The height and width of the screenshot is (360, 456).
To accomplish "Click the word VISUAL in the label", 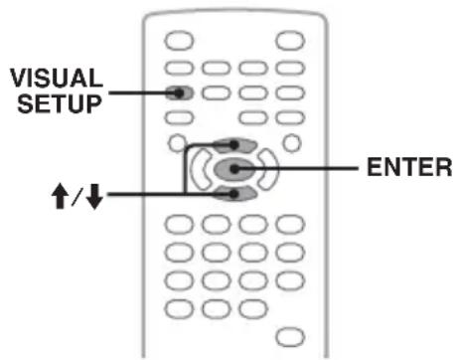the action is tap(57, 78).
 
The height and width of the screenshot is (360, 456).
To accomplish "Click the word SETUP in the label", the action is tap(60, 103).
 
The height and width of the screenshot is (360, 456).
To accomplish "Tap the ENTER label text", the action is tap(409, 167).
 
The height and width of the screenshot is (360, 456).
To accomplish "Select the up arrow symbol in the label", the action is tap(60, 196).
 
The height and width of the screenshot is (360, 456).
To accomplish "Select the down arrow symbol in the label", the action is tap(94, 196).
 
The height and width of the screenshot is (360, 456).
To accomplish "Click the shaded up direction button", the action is tap(234, 145).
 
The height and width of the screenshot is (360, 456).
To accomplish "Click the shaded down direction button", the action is tap(234, 194).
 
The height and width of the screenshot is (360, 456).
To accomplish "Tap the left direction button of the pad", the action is tap(201, 169).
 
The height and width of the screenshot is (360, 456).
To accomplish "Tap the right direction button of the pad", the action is tap(268, 169).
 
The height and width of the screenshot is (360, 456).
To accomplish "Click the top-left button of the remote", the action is tap(179, 41).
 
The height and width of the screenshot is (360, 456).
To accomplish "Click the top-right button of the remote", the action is tap(290, 41).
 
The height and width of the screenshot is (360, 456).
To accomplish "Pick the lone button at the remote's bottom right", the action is tap(290, 337).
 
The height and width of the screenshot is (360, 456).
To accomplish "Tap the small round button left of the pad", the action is tap(178, 143).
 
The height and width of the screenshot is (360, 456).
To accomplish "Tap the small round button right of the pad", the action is tap(292, 143).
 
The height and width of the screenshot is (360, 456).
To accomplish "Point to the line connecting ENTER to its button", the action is tap(296, 169).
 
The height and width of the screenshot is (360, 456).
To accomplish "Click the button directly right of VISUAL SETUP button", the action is tap(216, 92).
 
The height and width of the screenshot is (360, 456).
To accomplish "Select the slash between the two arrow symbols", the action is tap(77, 196).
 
